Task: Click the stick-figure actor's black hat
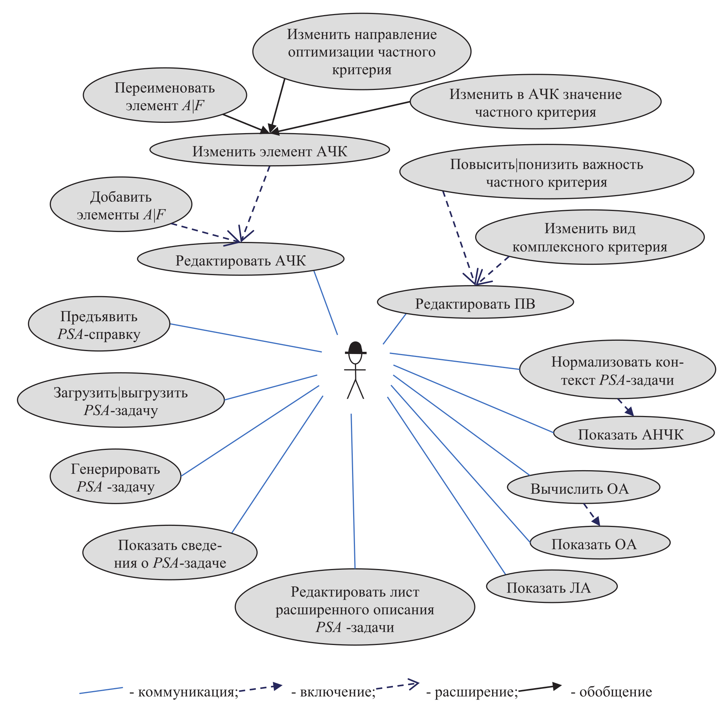[355, 348]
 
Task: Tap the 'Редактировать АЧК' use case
[240, 259]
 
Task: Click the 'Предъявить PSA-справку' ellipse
[99, 324]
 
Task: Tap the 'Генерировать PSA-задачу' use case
[115, 476]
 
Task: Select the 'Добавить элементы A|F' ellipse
[121, 205]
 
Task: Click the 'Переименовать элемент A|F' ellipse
[165, 95]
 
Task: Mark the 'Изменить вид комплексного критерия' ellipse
[589, 237]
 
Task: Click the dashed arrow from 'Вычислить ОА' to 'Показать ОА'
[591, 514]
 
